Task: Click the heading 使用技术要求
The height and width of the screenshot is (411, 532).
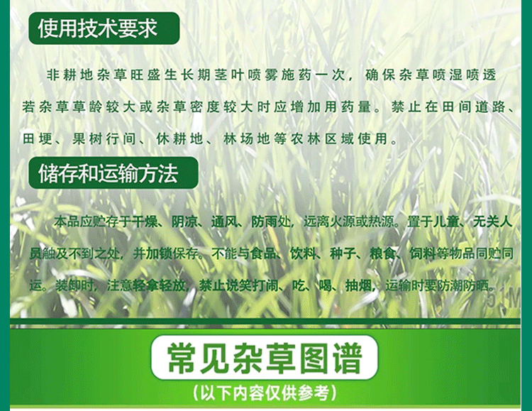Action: pyautogui.click(x=98, y=28)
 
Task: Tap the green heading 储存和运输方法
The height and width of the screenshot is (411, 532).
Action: pyautogui.click(x=109, y=173)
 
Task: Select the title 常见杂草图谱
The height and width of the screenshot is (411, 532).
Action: pyautogui.click(x=265, y=358)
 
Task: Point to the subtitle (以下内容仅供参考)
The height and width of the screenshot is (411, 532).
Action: pyautogui.click(x=265, y=393)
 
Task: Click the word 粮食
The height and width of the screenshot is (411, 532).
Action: pyautogui.click(x=382, y=253)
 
